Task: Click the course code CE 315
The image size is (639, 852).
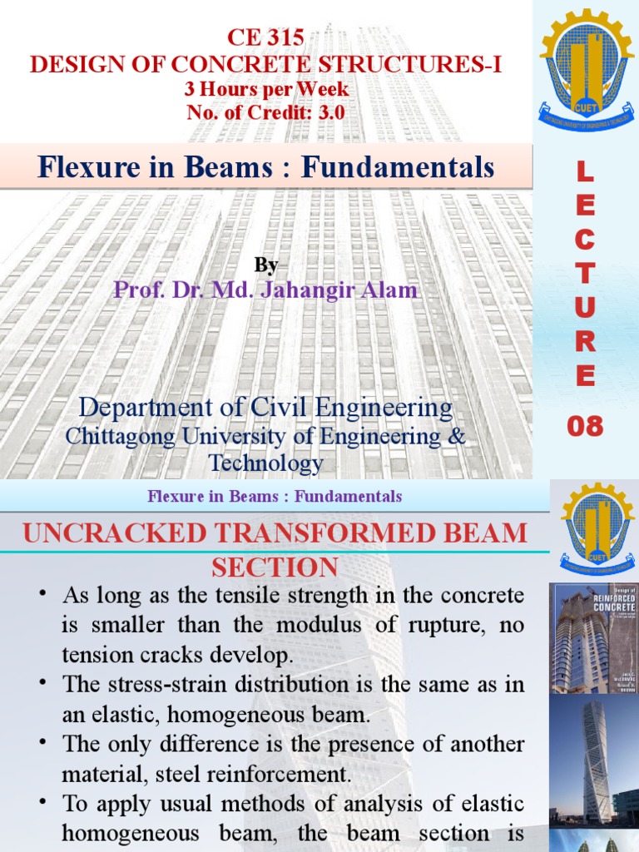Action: tap(265, 37)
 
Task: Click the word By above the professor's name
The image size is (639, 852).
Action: tap(265, 265)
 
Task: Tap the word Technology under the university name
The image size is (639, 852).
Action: tap(265, 463)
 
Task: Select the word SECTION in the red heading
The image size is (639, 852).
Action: tap(274, 568)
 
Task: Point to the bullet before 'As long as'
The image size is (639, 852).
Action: tap(42, 596)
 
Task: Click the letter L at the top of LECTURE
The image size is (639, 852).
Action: tap(585, 172)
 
